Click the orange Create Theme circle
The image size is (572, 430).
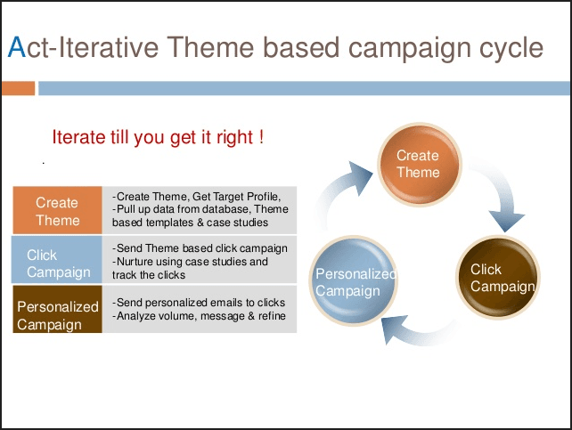coord(417,164)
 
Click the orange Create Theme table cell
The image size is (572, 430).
coord(57,211)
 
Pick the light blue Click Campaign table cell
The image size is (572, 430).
coord(57,263)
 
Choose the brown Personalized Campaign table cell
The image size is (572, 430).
coord(57,314)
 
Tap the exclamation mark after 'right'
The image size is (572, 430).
coord(260,138)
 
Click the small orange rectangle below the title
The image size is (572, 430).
coord(18,88)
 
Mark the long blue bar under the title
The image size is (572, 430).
coord(303,88)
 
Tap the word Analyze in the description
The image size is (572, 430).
coord(136,316)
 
